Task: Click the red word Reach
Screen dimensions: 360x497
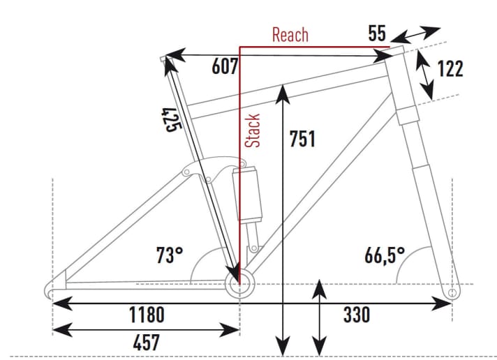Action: coord(290,35)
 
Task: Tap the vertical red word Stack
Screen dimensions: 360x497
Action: coord(253,130)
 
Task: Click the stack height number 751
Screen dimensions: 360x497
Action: coord(302,140)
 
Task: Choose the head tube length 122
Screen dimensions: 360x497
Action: coord(450,69)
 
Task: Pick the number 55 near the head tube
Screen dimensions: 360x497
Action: coord(377,33)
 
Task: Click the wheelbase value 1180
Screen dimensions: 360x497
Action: coord(147,315)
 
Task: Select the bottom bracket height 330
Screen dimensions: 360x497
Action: coord(356,315)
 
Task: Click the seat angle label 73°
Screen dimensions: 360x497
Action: coord(169,255)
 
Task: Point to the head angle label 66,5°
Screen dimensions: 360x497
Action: coord(384,255)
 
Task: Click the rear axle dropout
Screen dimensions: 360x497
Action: coord(51,290)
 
